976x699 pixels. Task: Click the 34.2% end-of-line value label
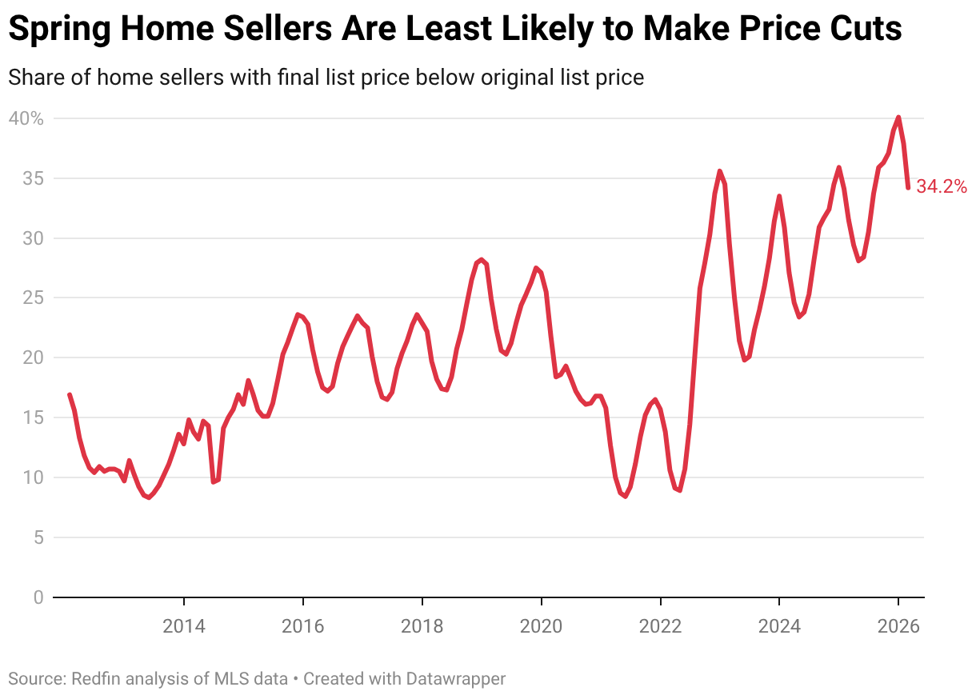942,187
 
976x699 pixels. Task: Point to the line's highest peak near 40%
898,118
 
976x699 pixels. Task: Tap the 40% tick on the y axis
26,118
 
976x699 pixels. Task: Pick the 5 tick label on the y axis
37,537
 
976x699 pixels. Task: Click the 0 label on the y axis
37,597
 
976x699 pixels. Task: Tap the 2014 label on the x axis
184,626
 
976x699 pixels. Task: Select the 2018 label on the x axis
422,626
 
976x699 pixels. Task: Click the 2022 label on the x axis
660,626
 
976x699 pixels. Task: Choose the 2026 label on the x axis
898,626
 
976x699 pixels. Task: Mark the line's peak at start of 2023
720,170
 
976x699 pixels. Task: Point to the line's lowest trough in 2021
625,497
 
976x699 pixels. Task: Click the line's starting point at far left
70,395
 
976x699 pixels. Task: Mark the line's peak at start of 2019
481,259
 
